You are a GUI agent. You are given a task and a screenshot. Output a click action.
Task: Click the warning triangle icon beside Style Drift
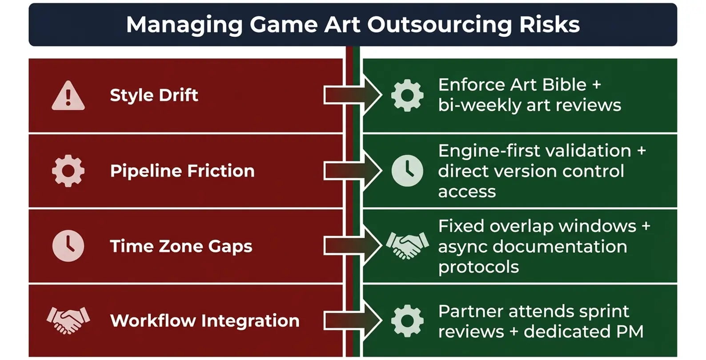click(68, 96)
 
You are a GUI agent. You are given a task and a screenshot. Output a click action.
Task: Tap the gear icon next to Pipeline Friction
click(68, 171)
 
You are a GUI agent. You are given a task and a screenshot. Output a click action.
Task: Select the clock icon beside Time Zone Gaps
click(68, 246)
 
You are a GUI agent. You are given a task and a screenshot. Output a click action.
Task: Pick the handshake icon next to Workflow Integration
click(68, 320)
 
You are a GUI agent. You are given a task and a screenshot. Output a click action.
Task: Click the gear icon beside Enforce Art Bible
click(407, 95)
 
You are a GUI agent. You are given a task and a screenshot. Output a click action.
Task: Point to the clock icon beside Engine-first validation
click(407, 171)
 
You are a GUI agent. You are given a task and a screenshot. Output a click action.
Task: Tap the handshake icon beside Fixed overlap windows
click(407, 245)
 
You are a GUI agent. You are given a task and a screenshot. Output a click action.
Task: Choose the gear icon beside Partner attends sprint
click(407, 320)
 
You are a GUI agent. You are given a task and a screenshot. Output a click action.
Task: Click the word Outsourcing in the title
click(439, 25)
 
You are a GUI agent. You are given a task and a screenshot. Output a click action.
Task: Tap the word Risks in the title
click(550, 25)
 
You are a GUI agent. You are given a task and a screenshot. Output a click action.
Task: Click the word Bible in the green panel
click(562, 84)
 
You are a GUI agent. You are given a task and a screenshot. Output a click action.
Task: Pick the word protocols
click(478, 267)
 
